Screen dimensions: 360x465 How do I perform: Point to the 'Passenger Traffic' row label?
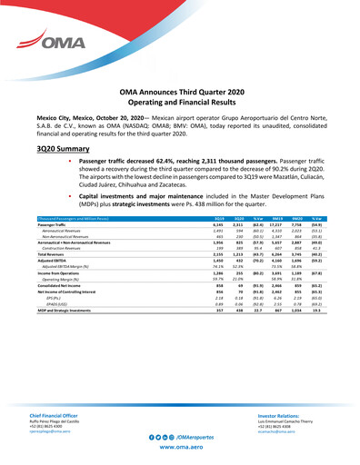(x=55, y=224)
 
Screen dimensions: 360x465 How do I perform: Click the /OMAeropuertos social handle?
(x=192, y=437)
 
